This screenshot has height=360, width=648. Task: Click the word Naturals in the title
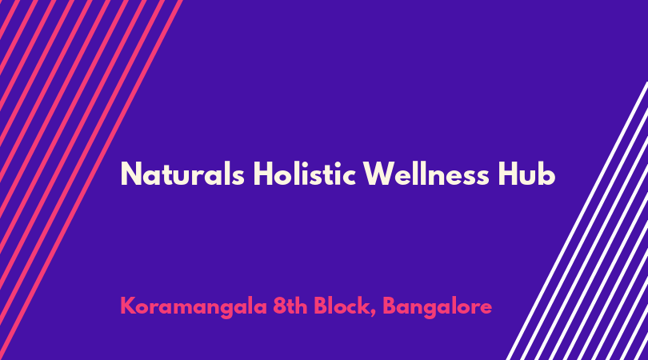(x=182, y=174)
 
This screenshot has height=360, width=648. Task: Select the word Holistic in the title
(x=304, y=174)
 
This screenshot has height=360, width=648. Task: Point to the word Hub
(x=526, y=174)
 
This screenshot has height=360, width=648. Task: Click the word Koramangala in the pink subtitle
(x=194, y=307)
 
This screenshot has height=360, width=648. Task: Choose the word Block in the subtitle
(x=341, y=306)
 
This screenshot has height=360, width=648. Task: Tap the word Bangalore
(x=438, y=307)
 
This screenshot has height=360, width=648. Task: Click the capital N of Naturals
(x=131, y=174)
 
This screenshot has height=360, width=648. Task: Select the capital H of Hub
(x=507, y=174)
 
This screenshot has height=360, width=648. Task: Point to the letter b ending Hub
(x=546, y=174)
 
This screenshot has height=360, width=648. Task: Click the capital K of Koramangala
(x=129, y=306)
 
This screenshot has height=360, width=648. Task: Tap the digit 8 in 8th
(x=280, y=306)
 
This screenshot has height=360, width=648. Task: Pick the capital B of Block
(x=321, y=306)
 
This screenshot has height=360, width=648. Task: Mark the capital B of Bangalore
(x=390, y=306)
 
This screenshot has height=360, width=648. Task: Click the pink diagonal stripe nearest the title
(x=91, y=180)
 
